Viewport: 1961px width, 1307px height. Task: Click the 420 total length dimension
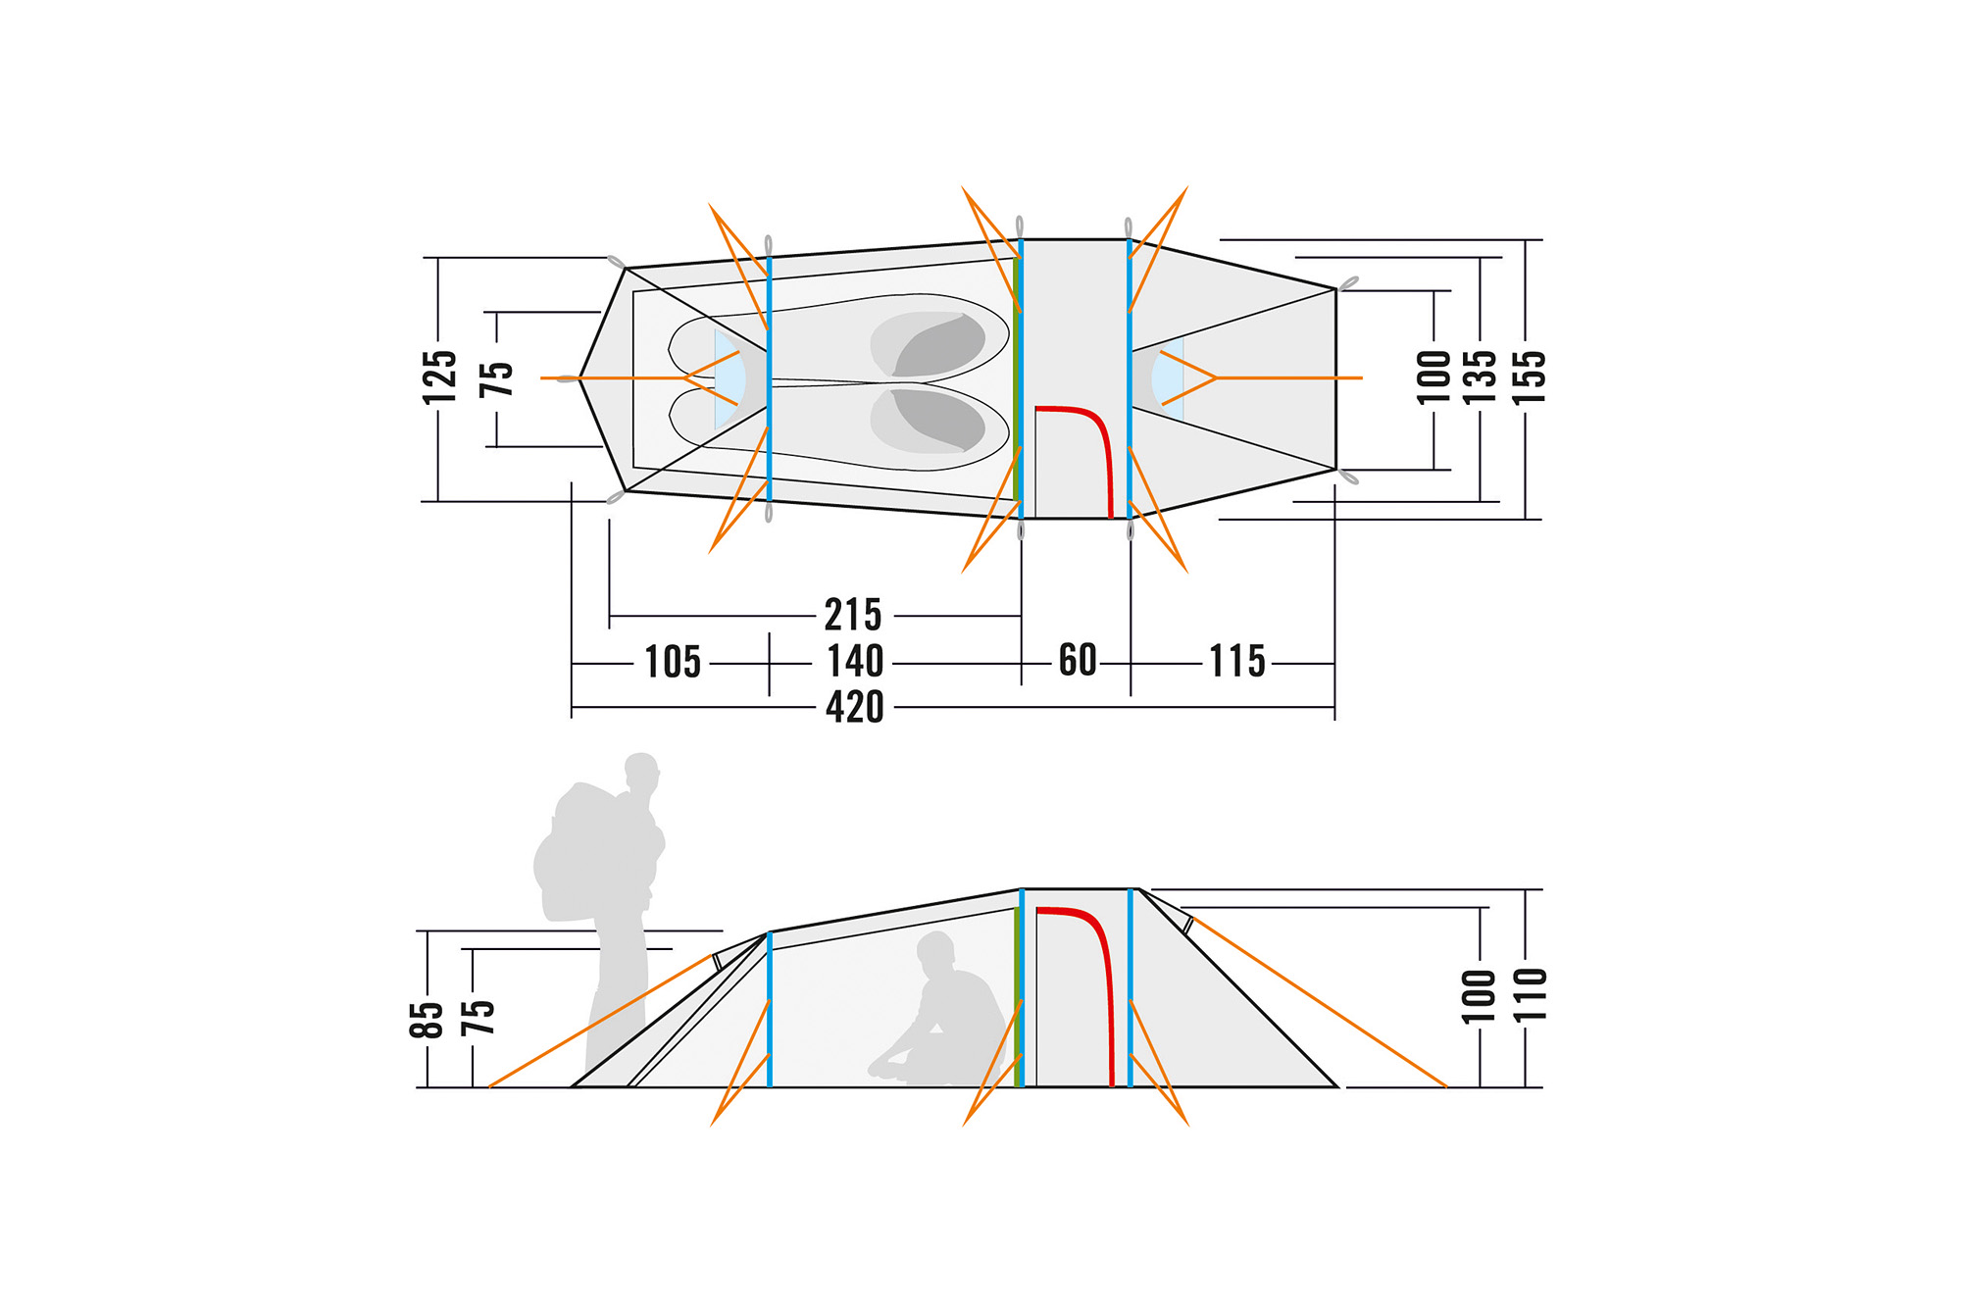854,707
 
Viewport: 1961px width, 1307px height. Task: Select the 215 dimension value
852,616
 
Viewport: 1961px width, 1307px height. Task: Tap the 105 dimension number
672,662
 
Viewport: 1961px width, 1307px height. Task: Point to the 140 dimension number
855,661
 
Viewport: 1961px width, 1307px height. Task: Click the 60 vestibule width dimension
1077,660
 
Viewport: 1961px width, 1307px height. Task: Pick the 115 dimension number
1236,661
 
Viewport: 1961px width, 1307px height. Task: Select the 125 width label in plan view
439,377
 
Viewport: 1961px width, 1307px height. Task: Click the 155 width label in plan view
1529,377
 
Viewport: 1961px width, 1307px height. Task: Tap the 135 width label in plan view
1480,377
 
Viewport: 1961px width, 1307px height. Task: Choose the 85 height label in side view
427,1020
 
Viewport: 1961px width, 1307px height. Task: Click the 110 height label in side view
1530,994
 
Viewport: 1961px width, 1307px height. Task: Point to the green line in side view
1016,995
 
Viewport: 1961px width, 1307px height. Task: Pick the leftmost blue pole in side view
770,1010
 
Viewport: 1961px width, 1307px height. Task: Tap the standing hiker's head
641,771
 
